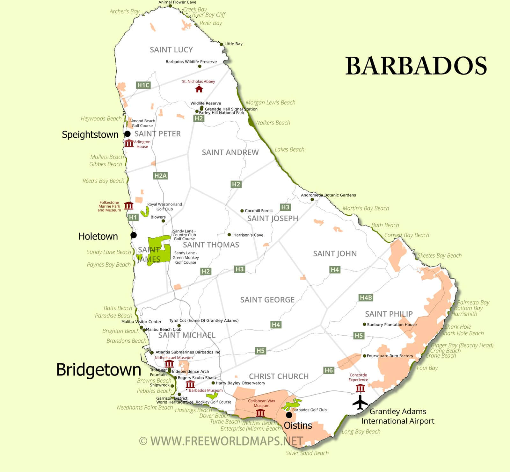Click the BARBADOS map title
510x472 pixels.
(x=416, y=66)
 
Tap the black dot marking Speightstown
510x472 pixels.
(x=127, y=134)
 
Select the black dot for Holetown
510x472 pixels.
(x=134, y=235)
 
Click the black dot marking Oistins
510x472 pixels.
(x=289, y=415)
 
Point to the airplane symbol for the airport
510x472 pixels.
(x=360, y=402)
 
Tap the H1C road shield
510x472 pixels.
(x=143, y=85)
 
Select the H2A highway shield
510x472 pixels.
(x=160, y=175)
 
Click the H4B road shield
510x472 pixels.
(x=366, y=298)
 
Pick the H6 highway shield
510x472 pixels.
(x=329, y=370)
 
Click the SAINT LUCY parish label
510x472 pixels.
(x=171, y=50)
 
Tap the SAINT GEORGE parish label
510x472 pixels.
(x=267, y=300)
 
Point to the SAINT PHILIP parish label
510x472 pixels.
(x=389, y=314)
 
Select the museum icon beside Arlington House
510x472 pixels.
(x=129, y=143)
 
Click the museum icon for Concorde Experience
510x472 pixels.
(x=360, y=388)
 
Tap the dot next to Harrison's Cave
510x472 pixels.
(x=229, y=235)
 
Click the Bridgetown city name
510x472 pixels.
(x=98, y=370)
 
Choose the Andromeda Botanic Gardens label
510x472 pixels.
(x=328, y=195)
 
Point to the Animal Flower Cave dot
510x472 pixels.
(x=170, y=6)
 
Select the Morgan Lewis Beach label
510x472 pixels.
(x=270, y=103)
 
